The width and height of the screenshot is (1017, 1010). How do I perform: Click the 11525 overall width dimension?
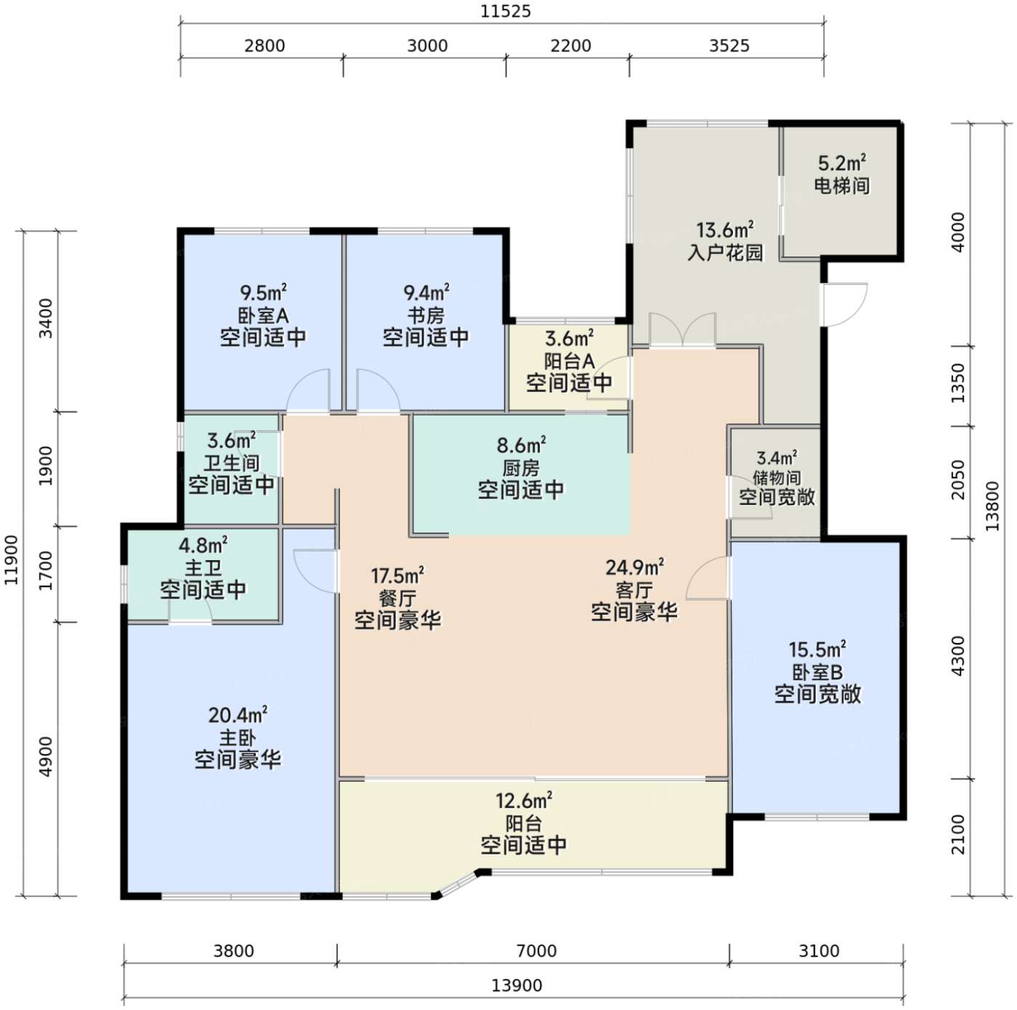(x=505, y=11)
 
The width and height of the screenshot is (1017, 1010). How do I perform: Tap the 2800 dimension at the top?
(x=264, y=46)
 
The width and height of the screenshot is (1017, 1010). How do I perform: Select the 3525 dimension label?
(x=729, y=46)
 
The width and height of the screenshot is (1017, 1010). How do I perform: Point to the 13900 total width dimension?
(x=516, y=985)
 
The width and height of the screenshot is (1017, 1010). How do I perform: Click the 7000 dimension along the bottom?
(x=537, y=951)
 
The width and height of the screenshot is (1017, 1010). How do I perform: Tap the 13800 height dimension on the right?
(x=993, y=506)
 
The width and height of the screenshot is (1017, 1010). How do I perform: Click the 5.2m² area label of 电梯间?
(x=842, y=163)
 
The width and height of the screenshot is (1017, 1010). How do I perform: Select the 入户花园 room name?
(x=725, y=253)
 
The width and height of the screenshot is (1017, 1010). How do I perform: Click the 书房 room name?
(x=426, y=315)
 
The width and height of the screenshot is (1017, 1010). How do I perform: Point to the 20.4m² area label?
(x=238, y=715)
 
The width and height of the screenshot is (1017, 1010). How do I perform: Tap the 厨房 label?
(x=521, y=469)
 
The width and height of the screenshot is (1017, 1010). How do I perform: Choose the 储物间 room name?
(x=777, y=478)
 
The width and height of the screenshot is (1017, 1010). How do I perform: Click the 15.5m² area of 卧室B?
(x=817, y=649)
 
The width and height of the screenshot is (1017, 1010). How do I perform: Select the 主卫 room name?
(x=203, y=568)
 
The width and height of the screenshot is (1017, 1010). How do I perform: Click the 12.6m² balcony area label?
(x=524, y=801)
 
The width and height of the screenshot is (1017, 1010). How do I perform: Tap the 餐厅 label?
(x=397, y=598)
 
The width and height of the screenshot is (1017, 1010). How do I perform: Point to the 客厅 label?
(x=634, y=590)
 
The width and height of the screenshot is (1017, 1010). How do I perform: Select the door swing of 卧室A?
(x=309, y=391)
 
